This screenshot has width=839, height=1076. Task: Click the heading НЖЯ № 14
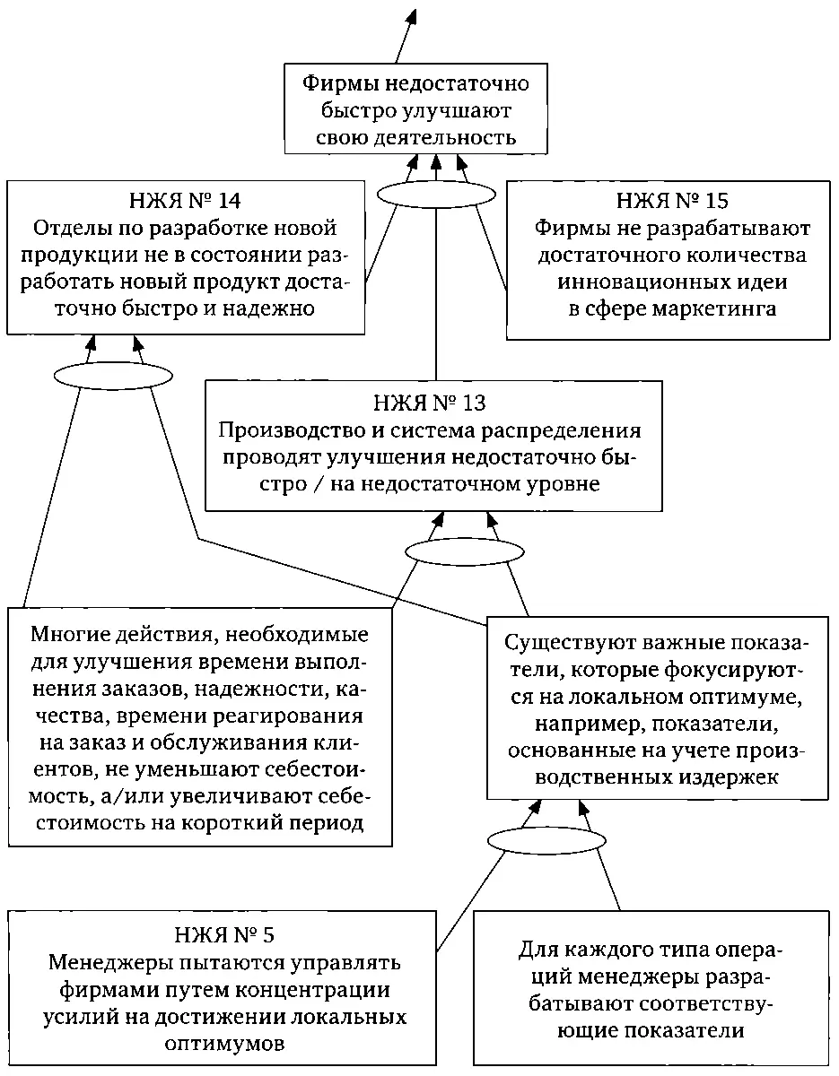[185, 201]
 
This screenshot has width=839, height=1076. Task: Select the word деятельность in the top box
[457, 138]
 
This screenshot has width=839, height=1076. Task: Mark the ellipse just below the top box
[436, 193]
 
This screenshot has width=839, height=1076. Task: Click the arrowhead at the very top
[414, 15]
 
